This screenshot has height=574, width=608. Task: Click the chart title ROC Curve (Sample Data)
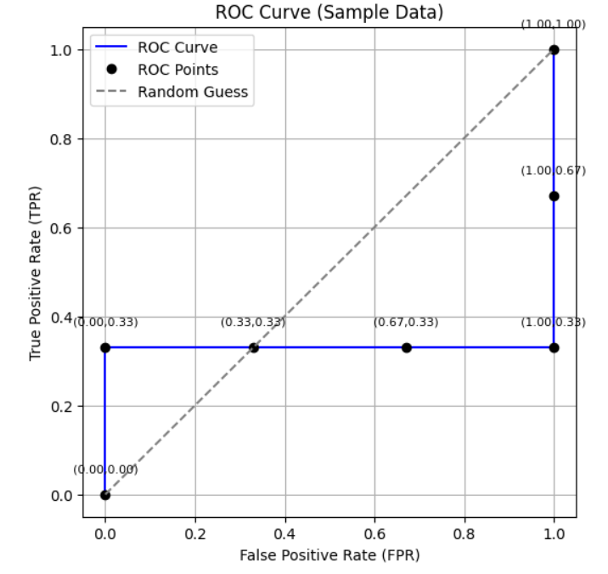(x=329, y=12)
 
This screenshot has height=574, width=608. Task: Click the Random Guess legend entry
(x=193, y=92)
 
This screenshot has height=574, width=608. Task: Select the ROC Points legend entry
(x=177, y=70)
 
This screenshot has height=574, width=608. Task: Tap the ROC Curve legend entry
(x=177, y=48)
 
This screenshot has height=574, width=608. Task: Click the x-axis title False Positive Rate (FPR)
(x=329, y=555)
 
